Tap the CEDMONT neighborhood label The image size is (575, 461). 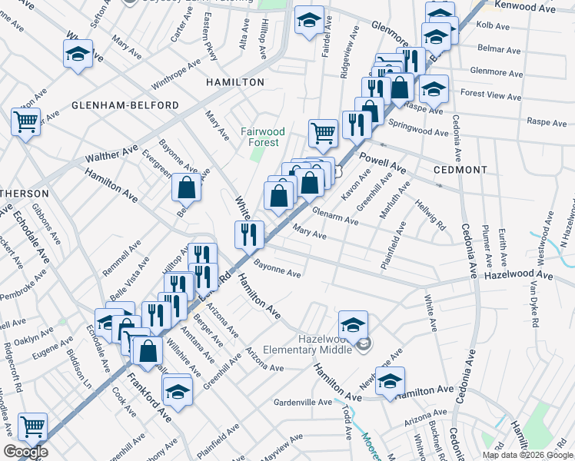[460, 170]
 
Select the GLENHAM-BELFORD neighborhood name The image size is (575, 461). [125, 105]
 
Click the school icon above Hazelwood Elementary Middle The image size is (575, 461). [353, 324]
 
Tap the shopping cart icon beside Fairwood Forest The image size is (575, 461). [324, 133]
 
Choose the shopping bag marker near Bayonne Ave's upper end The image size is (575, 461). [187, 186]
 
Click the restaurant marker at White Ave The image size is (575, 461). [248, 234]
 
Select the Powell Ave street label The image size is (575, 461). [382, 162]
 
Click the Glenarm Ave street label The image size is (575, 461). [338, 218]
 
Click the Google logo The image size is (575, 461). [25, 452]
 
